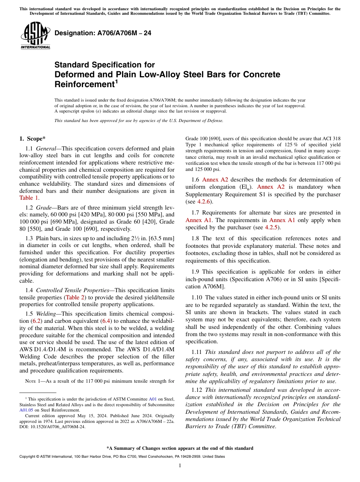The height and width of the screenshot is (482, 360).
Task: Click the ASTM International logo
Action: coord(35,36)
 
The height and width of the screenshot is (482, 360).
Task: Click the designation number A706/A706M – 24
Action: coord(103,33)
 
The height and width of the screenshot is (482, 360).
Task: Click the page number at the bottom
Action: coord(180,465)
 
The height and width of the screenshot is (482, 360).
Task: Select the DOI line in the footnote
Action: coord(52,426)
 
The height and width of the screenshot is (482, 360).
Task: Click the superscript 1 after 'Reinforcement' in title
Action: coord(117,81)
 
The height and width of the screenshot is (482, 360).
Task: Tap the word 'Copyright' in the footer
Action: coord(28,457)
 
